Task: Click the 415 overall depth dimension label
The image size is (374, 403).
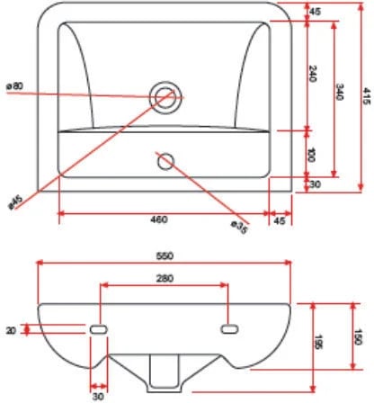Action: click(367, 96)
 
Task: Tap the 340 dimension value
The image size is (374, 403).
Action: click(340, 92)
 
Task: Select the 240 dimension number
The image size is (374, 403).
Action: click(312, 74)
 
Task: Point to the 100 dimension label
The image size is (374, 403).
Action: click(312, 155)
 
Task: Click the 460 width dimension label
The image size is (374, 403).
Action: click(159, 219)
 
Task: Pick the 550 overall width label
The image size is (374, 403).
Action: click(165, 256)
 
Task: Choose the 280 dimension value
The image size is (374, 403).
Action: click(165, 279)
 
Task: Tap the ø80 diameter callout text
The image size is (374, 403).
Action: click(14, 86)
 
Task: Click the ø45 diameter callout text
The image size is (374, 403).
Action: click(15, 201)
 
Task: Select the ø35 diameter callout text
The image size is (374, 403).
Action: click(240, 227)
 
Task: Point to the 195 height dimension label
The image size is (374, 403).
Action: click(319, 343)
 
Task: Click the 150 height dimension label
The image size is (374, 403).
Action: click(358, 337)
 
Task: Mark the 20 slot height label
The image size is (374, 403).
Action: click(11, 330)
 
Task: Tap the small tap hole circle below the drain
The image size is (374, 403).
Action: click(165, 162)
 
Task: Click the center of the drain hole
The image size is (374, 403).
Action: click(165, 97)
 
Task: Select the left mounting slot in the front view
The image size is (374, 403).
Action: click(99, 329)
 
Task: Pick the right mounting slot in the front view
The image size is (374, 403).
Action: click(230, 329)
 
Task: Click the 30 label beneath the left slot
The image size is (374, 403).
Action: click(98, 397)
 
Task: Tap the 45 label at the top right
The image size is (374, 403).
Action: click(315, 12)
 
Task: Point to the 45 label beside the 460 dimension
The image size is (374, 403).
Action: click(280, 221)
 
